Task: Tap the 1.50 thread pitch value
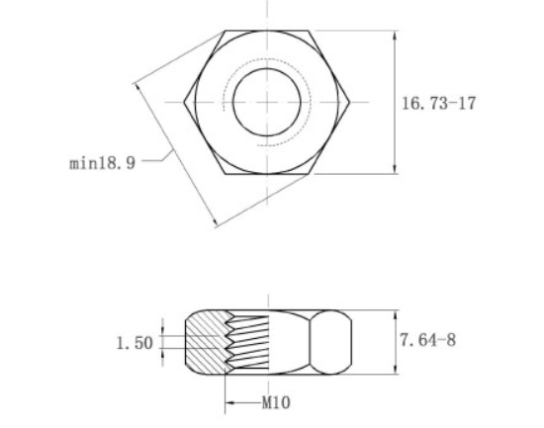(135, 343)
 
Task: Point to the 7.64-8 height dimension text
(427, 340)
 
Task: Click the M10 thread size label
(276, 403)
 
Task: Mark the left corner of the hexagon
(184, 102)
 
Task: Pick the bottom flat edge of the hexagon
(267, 174)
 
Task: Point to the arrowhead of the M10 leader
(228, 403)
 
